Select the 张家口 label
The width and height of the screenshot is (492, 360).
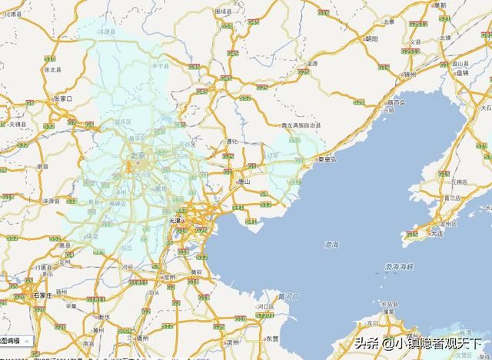click(x=63, y=99)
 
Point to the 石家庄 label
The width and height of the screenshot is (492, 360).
click(x=42, y=295)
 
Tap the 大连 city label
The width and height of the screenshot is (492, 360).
click(x=437, y=232)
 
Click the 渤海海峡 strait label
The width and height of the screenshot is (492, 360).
click(x=399, y=266)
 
